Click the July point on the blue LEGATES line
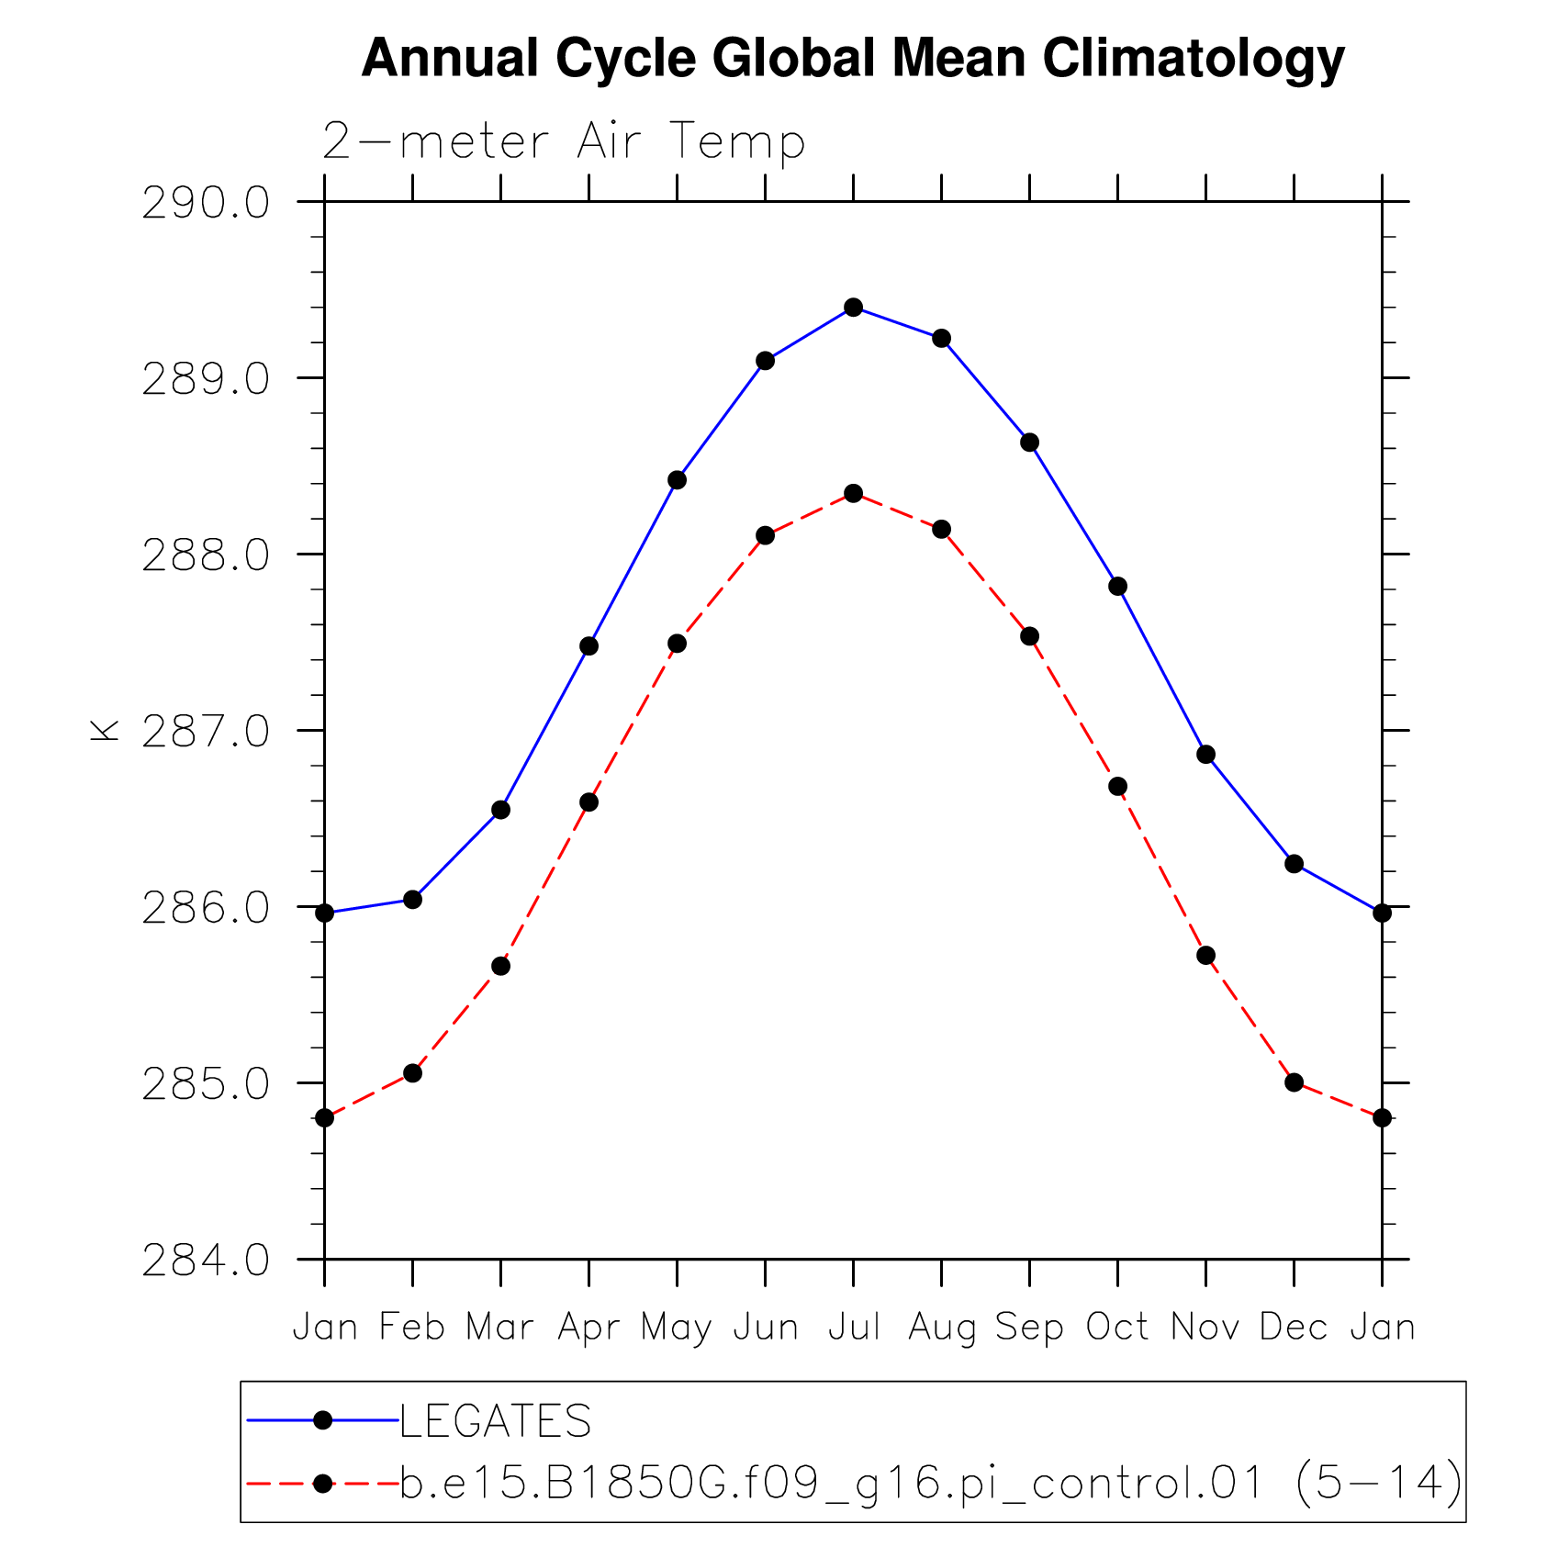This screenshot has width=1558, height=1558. coord(853,307)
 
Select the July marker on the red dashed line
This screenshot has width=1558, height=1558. coord(853,494)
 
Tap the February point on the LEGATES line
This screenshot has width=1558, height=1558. coord(412,900)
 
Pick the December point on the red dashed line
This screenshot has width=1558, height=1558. coord(1294,1082)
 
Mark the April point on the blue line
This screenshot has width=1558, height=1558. coord(588,646)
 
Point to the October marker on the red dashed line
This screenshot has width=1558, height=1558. coord(1117,787)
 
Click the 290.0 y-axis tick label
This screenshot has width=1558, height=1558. coord(206,204)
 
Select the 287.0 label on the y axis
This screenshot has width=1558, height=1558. coord(206,733)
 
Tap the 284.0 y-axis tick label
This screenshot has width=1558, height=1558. coord(206,1261)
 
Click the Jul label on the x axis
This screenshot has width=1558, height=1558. coord(854,1328)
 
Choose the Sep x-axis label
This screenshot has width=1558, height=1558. coord(1029,1328)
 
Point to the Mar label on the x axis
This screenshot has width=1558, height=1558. coord(499,1328)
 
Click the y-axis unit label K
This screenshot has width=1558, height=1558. coord(105,730)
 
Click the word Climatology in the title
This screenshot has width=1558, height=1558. coord(1193,59)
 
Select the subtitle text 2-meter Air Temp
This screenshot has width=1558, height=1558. coord(564,142)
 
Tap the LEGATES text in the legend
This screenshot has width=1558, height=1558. coord(496,1421)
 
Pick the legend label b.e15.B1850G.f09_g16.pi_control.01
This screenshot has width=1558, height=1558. coord(831,1484)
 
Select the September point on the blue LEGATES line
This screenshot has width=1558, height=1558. coord(1029,443)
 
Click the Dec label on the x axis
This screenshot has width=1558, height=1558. coord(1294,1328)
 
